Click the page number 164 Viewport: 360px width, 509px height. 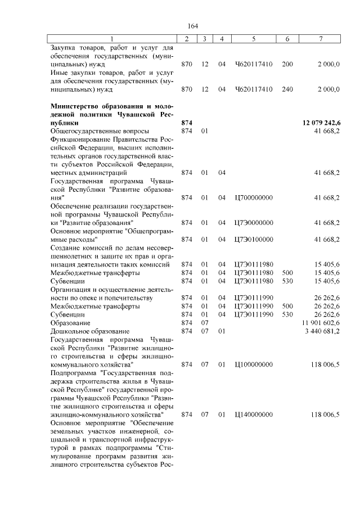pyautogui.click(x=193, y=26)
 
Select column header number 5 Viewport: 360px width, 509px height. pyautogui.click(x=254, y=39)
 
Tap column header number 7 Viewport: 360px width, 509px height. pyautogui.click(x=320, y=39)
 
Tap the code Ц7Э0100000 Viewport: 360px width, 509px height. pyautogui.click(x=254, y=239)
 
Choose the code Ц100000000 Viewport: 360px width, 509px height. pyautogui.click(x=254, y=365)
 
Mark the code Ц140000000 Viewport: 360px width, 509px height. pyautogui.click(x=254, y=415)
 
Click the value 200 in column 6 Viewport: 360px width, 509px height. pyautogui.click(x=287, y=64)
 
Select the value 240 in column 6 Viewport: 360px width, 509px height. pyautogui.click(x=287, y=89)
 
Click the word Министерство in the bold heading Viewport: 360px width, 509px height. pyautogui.click(x=78, y=106)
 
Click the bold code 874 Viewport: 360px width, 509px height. pyautogui.click(x=187, y=123)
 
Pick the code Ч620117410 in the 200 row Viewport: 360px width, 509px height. pyautogui.click(x=254, y=64)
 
